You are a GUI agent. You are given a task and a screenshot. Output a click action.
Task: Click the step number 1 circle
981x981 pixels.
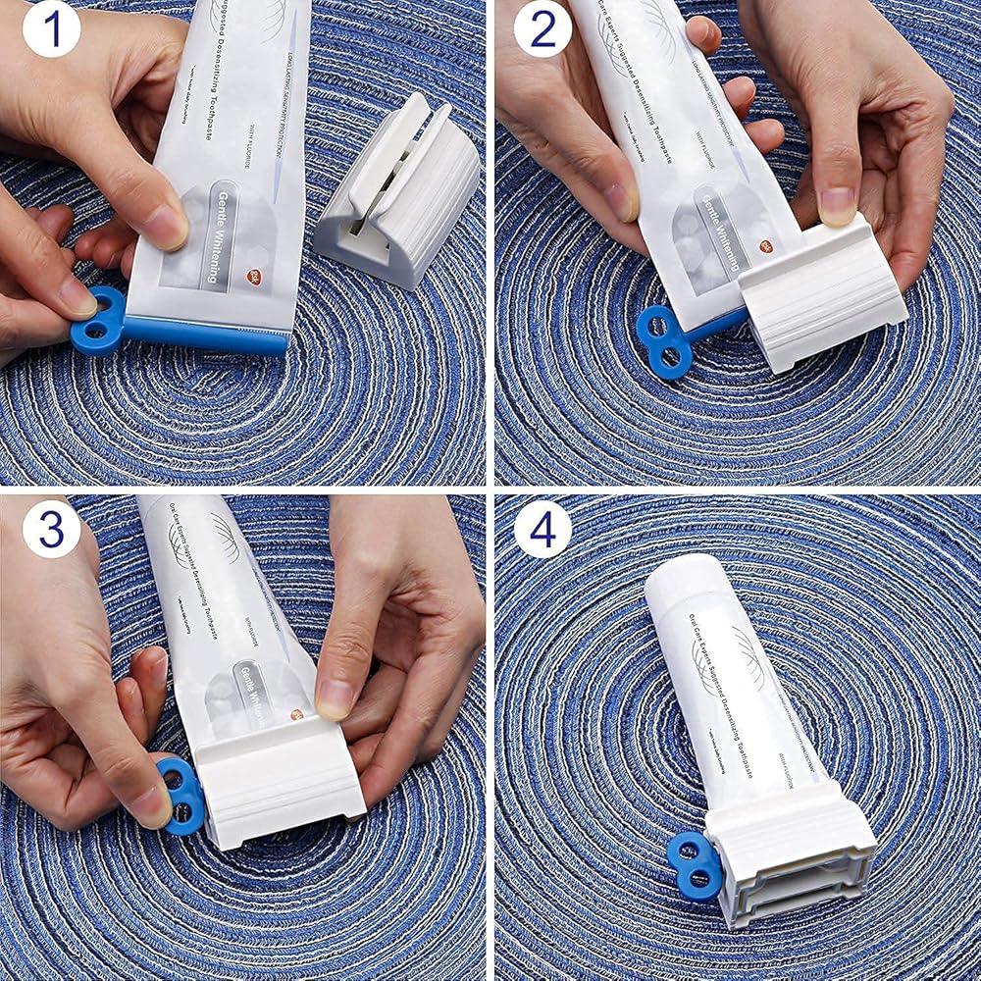pos(50,29)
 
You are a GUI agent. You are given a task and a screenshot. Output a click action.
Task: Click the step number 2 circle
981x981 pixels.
pos(542,29)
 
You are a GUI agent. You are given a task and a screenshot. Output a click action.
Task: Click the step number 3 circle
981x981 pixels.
pos(50,529)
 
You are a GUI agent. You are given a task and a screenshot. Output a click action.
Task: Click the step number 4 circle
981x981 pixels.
pos(542,529)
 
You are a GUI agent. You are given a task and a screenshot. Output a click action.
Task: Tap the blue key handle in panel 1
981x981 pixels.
pos(97,319)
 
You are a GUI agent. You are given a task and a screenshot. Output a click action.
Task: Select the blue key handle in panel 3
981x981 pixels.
pos(181,793)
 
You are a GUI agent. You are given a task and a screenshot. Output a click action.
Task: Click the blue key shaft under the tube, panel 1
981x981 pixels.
pos(206,336)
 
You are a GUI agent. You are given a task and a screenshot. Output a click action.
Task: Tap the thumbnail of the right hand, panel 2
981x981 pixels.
pos(837,204)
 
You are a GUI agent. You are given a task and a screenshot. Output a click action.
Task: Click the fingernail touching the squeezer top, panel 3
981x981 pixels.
pos(336,697)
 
